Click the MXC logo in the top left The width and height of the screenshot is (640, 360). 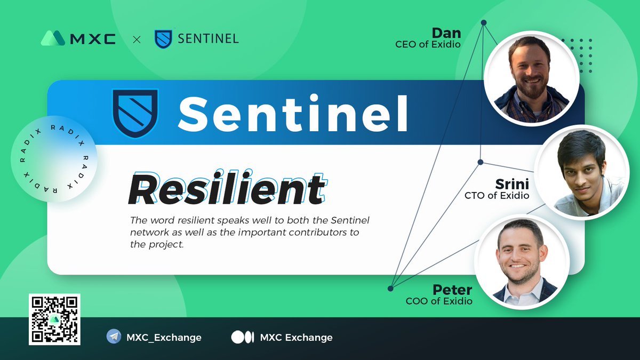78,38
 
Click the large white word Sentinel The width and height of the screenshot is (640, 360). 293,113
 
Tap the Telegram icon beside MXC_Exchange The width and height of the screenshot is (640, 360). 114,337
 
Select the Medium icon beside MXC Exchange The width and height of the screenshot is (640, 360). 242,337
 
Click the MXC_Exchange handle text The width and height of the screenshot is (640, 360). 164,338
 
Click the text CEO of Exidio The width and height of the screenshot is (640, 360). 427,44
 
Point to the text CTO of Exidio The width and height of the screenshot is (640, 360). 497,196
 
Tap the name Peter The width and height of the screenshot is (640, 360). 452,290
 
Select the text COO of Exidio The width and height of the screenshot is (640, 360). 439,301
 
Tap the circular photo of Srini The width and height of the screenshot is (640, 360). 583,172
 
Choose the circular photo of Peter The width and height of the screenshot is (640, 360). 522,262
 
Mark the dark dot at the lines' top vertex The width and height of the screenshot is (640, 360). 484,22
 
